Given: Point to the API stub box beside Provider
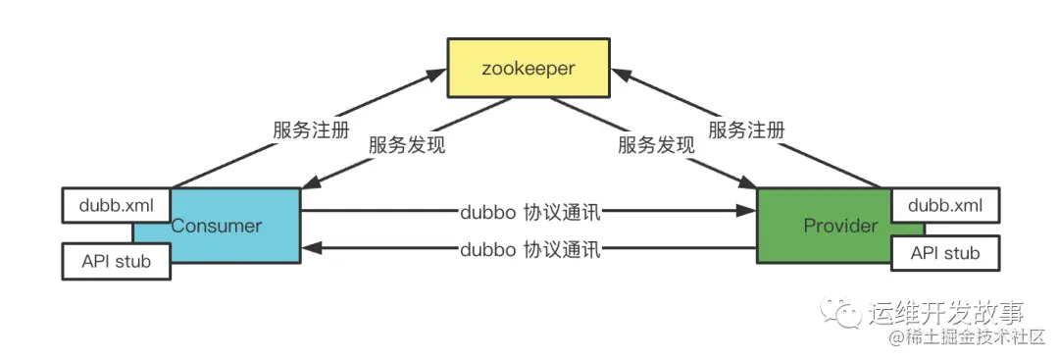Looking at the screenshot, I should pos(944,254).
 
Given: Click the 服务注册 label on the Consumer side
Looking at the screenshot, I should pos(310,130).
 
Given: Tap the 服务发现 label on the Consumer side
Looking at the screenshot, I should pos(407,145).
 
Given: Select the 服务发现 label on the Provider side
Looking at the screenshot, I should pos(656,145).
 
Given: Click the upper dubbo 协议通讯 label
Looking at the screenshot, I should pos(529,211).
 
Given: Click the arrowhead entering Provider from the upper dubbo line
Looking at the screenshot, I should pos(747,211).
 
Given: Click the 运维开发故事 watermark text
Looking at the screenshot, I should pos(946,313).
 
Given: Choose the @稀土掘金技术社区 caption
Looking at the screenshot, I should pos(967,339).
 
